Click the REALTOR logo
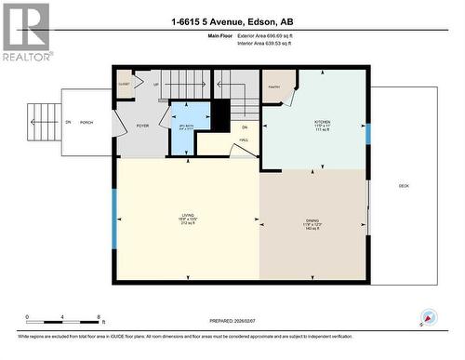point(25,32)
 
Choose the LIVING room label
point(189,220)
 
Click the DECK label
point(404,186)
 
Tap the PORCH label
point(86,122)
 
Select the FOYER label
point(142,126)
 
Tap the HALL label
point(243,140)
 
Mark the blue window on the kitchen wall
point(367,133)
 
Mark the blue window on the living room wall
point(114,220)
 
